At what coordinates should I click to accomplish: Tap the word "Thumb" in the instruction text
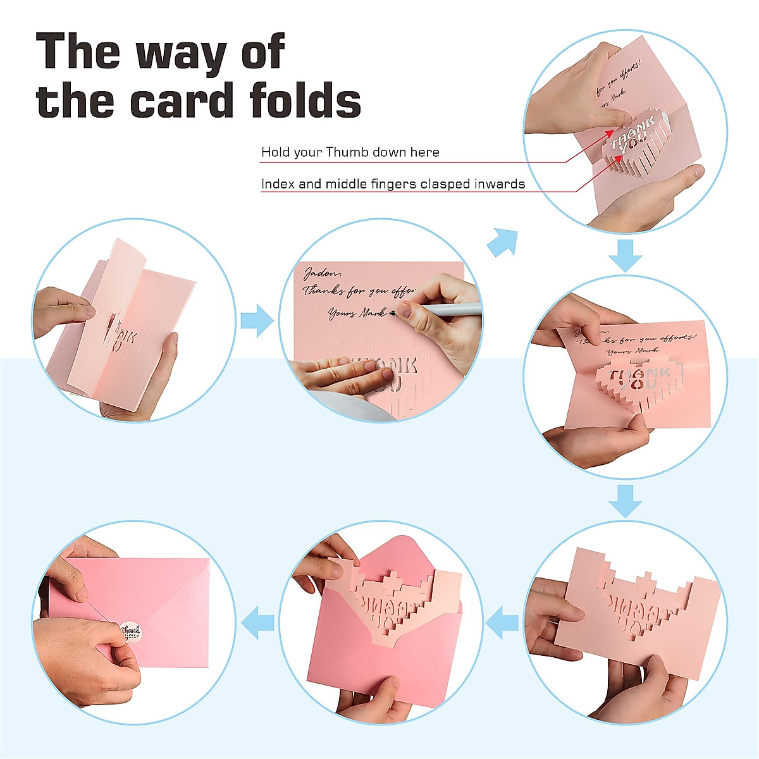click(347, 152)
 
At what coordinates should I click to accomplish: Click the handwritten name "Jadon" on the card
click(322, 273)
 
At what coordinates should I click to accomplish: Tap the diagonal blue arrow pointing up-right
click(503, 243)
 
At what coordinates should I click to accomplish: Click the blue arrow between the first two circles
click(256, 319)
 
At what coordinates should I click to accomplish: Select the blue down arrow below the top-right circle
click(625, 255)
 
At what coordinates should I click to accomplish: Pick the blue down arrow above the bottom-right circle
click(625, 501)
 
